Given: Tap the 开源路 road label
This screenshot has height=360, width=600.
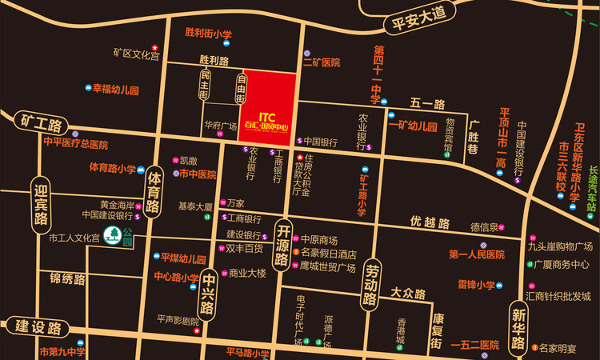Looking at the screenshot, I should click(x=282, y=245).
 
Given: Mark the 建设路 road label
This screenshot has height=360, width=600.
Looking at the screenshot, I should click(x=38, y=327).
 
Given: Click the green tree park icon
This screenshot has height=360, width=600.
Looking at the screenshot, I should click(x=114, y=235).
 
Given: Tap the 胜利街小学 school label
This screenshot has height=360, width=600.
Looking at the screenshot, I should click(x=207, y=34).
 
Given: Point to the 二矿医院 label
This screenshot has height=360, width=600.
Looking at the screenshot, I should click(x=321, y=62).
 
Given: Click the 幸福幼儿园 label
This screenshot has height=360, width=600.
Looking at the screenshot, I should click(x=115, y=89).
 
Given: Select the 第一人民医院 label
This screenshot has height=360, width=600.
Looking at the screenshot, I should click(x=476, y=254).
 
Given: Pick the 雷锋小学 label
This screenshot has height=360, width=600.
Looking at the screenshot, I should click(x=476, y=284).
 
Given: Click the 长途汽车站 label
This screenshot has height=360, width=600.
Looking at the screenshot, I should click(x=592, y=187).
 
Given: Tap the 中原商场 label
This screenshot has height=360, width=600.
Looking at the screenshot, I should click(x=318, y=240).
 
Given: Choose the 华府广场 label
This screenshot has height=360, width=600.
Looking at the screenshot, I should click(x=220, y=126).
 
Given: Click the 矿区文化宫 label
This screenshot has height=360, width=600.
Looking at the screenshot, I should click(x=136, y=54).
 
